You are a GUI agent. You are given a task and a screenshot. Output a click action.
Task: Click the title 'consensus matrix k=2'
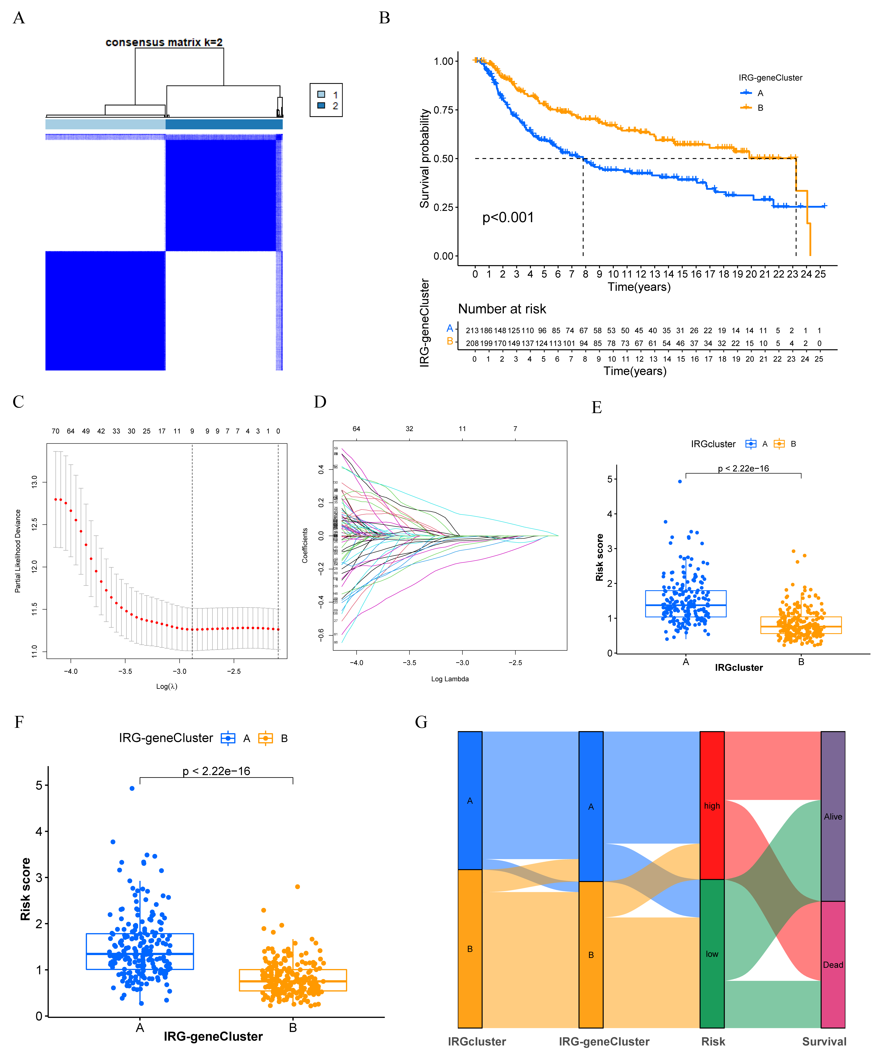(x=164, y=42)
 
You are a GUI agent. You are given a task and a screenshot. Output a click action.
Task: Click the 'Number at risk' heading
(x=502, y=309)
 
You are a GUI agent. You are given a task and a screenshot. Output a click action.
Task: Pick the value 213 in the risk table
(x=472, y=330)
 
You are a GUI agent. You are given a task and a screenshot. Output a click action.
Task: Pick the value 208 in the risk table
(x=472, y=343)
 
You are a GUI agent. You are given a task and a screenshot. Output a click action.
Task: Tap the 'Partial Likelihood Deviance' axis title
(x=18, y=551)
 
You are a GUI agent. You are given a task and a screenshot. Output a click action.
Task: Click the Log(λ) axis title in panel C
(x=167, y=686)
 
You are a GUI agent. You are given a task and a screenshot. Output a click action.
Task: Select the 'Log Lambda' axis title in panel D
(x=450, y=679)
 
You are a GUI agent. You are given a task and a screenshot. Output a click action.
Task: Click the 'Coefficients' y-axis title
(x=305, y=546)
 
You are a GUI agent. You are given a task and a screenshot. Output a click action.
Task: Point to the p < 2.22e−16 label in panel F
(x=216, y=771)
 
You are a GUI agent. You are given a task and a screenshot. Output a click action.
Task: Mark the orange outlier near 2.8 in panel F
(x=298, y=887)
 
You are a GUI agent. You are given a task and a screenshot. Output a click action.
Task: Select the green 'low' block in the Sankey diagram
(x=712, y=954)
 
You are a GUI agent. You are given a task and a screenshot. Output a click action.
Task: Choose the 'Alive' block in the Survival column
(x=833, y=816)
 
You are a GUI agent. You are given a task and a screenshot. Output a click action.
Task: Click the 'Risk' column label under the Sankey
(x=713, y=1041)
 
